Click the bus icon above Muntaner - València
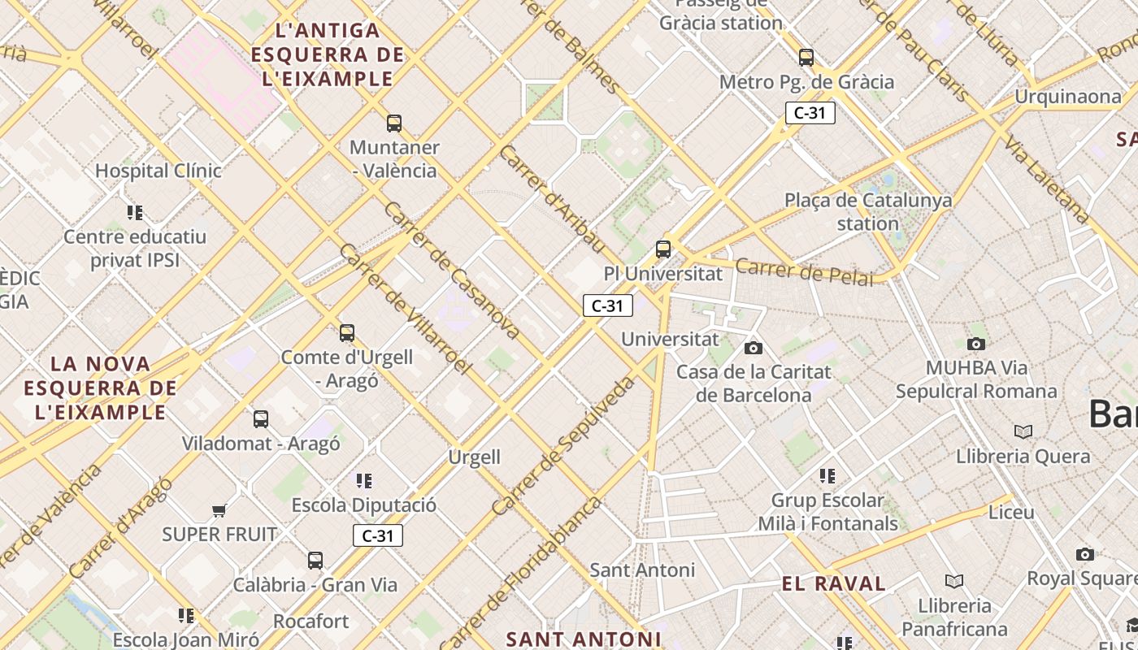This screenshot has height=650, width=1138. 394,123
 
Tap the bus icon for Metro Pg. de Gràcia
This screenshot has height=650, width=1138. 806,58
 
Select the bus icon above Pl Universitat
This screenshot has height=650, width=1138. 663,249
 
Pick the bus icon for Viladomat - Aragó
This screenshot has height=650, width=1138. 261,419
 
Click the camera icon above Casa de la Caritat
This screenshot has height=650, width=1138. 754,348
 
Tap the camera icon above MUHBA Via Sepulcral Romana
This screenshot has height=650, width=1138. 976,344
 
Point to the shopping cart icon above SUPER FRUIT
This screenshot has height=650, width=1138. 219,510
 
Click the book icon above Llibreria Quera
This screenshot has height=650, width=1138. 1023,431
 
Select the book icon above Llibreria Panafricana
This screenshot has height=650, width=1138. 954,581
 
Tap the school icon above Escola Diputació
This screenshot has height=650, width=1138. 364,481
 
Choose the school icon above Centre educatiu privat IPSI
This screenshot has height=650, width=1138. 135,213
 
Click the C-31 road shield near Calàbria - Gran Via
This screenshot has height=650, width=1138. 378,535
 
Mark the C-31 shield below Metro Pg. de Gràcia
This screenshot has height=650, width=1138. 810,113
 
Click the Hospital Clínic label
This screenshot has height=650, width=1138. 159,171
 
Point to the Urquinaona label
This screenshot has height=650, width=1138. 1067,97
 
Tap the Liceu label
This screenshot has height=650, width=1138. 1011,513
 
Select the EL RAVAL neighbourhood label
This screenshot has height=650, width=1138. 833,583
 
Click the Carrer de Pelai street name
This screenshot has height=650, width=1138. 804,272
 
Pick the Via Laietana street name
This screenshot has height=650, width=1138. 1045,180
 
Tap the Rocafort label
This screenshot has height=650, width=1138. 311,622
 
